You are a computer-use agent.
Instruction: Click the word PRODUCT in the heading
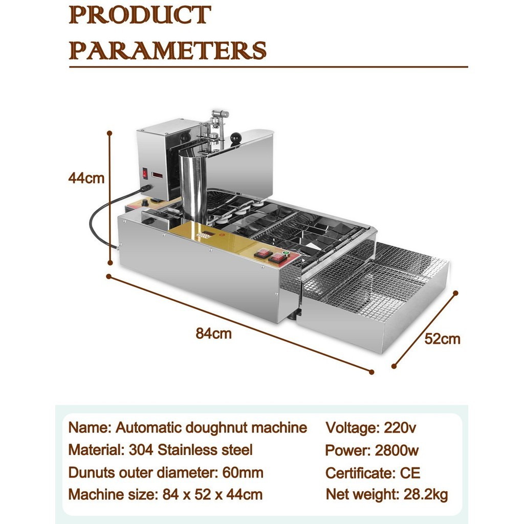140,15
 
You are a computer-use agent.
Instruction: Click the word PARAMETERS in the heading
167,51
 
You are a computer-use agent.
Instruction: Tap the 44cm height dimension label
86,178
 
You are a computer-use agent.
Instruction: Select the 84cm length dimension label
213,334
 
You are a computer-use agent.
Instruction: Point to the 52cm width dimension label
442,339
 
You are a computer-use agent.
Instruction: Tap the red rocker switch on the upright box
145,173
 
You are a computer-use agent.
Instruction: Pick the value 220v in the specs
400,428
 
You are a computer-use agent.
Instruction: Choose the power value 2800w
397,450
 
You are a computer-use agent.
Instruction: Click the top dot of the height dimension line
110,133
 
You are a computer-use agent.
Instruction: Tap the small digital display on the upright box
157,176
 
